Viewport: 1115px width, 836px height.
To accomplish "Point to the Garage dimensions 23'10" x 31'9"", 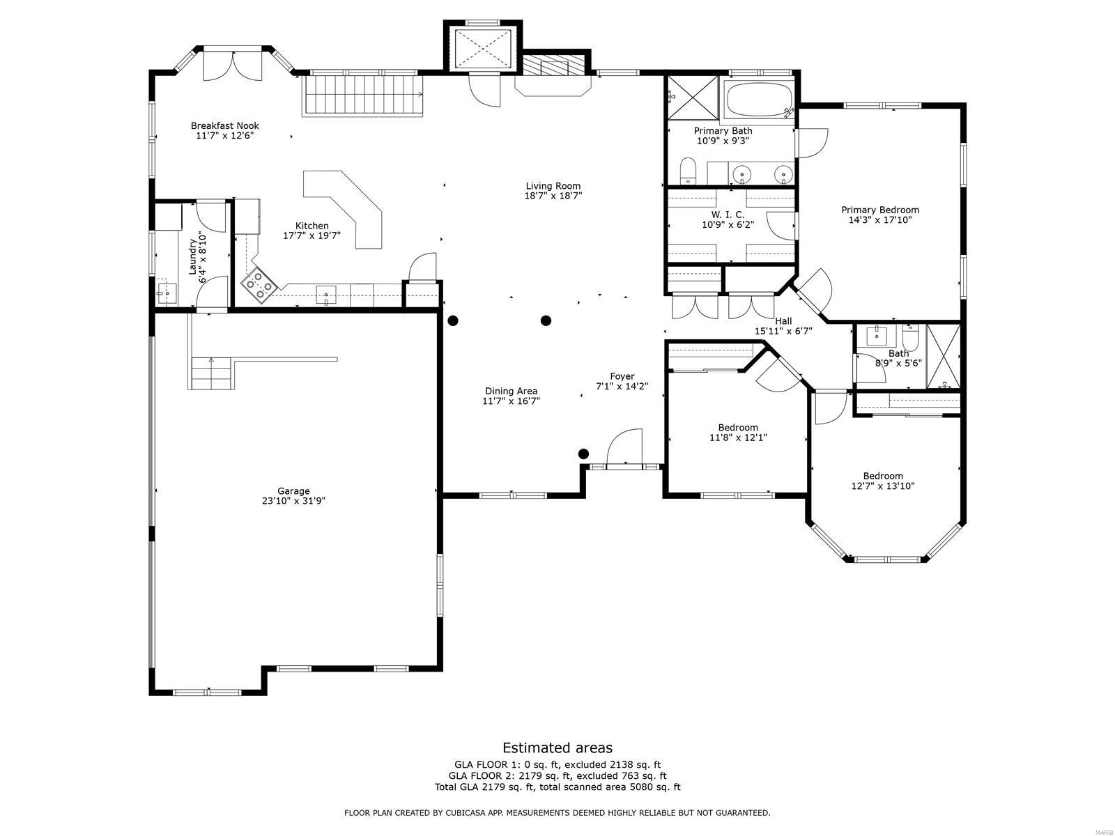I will click(x=293, y=500).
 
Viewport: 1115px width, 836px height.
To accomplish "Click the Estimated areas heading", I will click(x=557, y=748).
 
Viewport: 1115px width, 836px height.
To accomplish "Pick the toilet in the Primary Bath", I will click(x=688, y=171).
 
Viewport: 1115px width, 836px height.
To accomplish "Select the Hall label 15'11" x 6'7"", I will click(x=783, y=326).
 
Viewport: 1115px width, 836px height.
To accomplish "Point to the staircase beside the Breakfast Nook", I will click(x=363, y=95).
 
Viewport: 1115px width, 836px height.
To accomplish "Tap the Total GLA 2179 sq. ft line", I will click(x=557, y=787).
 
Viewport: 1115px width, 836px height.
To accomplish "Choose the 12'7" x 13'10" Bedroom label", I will click(x=882, y=481).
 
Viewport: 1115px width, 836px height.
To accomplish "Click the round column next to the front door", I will click(x=583, y=454).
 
